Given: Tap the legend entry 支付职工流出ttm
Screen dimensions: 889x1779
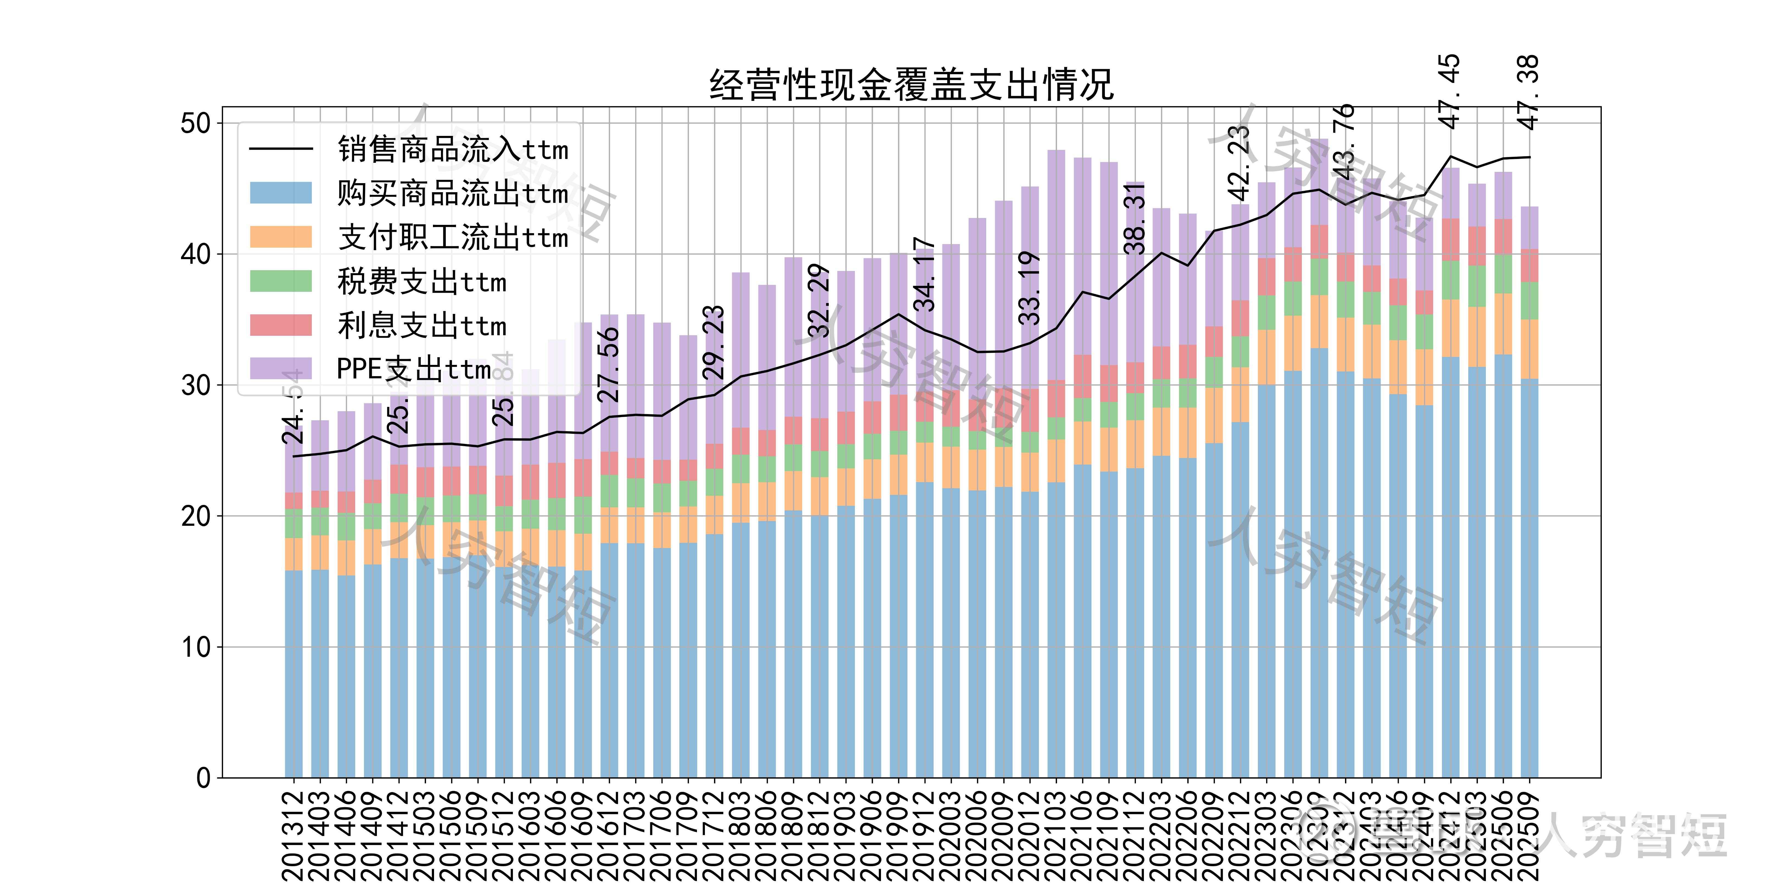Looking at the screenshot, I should click(452, 237).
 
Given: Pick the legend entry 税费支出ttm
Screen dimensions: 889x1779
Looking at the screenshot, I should click(421, 282).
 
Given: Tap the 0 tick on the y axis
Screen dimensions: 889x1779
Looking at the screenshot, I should click(203, 778).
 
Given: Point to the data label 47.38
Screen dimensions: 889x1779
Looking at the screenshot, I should click(1528, 91).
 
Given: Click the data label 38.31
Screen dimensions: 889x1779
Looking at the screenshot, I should click(1135, 219).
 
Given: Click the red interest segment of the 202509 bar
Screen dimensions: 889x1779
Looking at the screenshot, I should click(1530, 266).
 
